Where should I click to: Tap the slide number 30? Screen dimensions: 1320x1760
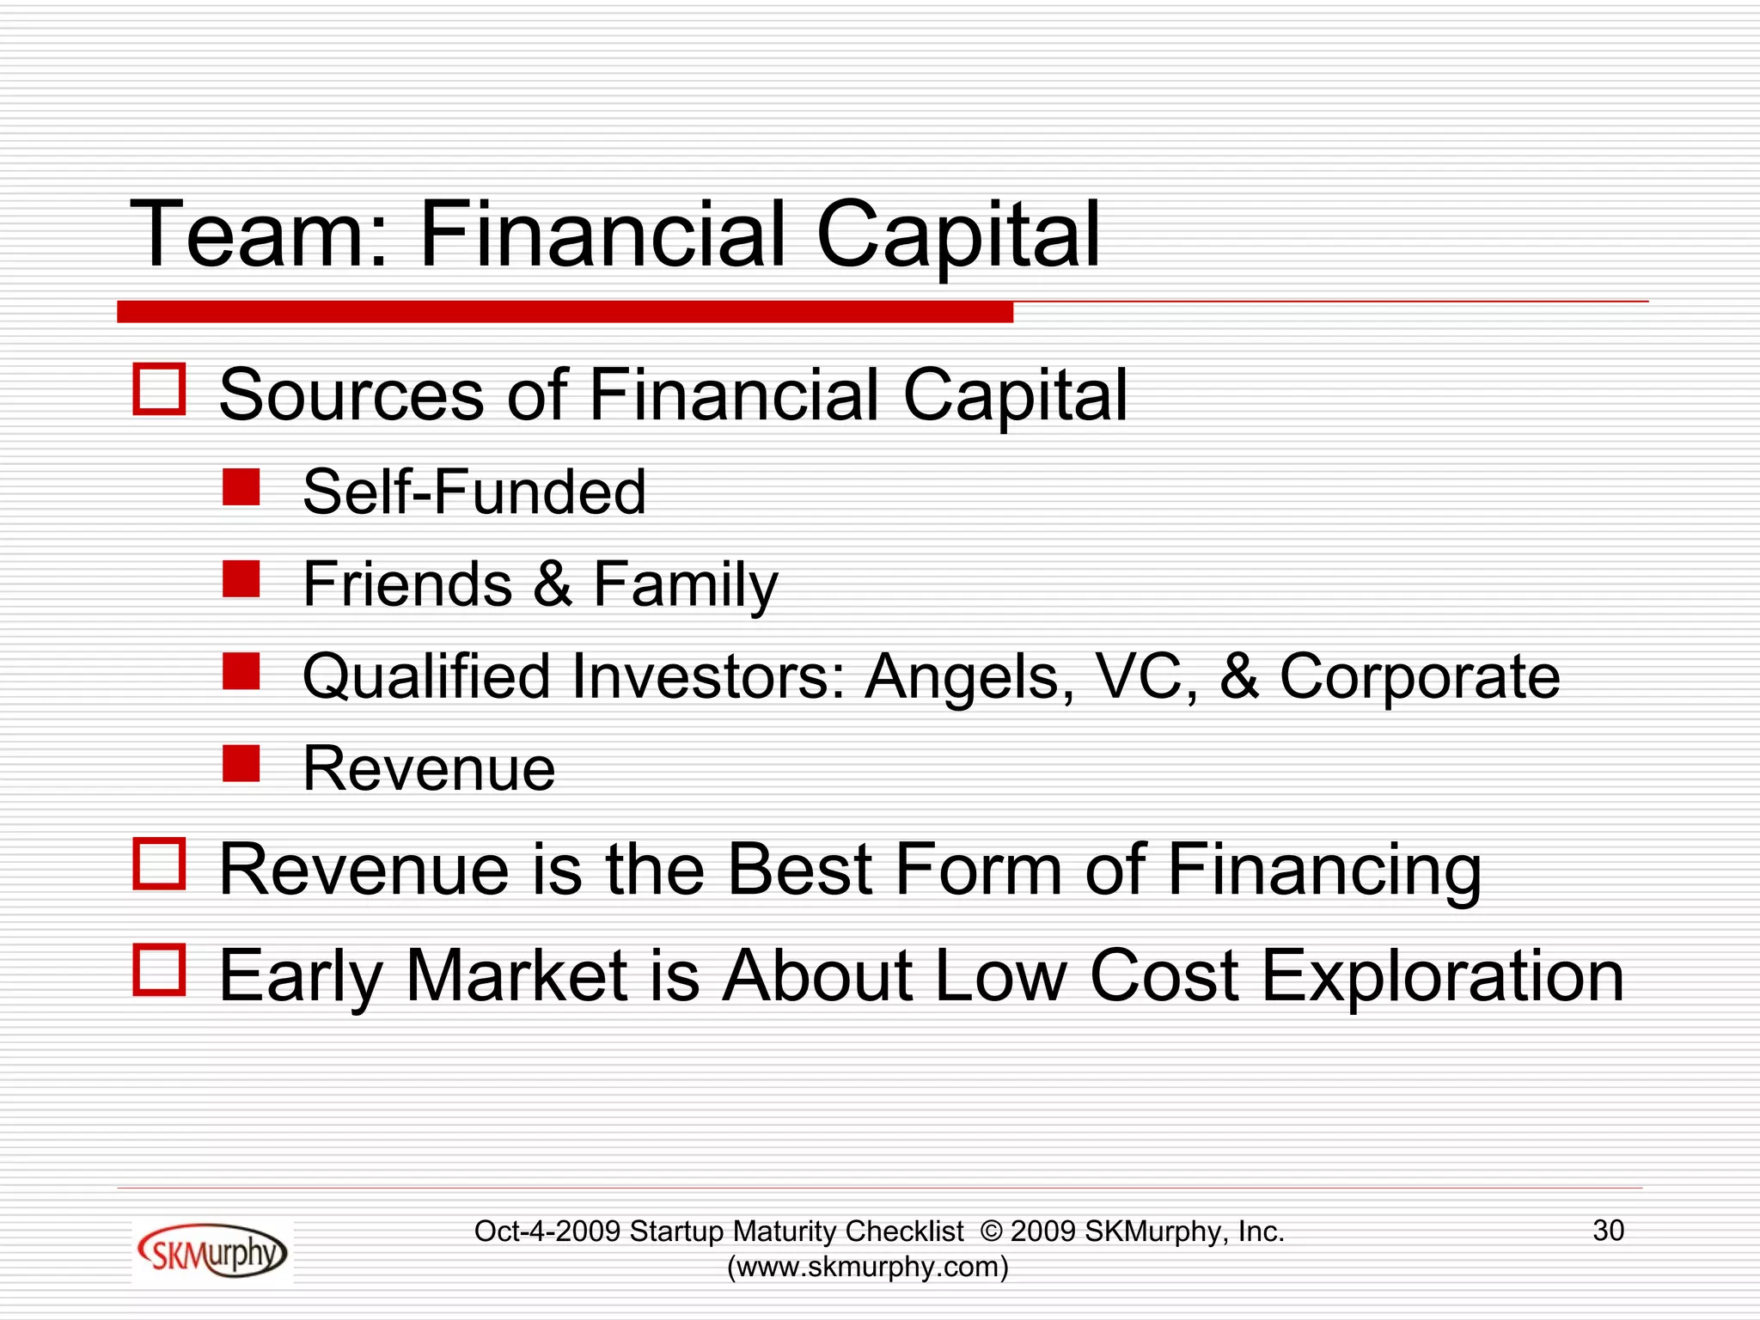click(1608, 1231)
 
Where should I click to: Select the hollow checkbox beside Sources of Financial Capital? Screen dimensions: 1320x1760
click(160, 389)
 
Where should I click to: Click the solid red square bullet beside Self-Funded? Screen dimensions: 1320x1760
click(241, 486)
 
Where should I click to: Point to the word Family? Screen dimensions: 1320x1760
click(685, 584)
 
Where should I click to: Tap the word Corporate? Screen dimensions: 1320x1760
click(1419, 677)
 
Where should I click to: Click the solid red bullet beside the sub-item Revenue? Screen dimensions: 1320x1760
click(241, 763)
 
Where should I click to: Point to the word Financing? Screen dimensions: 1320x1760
click(1324, 871)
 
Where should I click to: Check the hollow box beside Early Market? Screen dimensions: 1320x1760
click(160, 970)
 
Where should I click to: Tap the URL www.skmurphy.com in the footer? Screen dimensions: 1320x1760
click(868, 1267)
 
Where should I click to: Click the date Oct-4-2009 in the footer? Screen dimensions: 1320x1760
click(547, 1231)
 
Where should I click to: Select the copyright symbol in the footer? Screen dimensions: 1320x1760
click(991, 1231)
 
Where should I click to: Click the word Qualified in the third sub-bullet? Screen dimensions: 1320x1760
click(425, 677)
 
